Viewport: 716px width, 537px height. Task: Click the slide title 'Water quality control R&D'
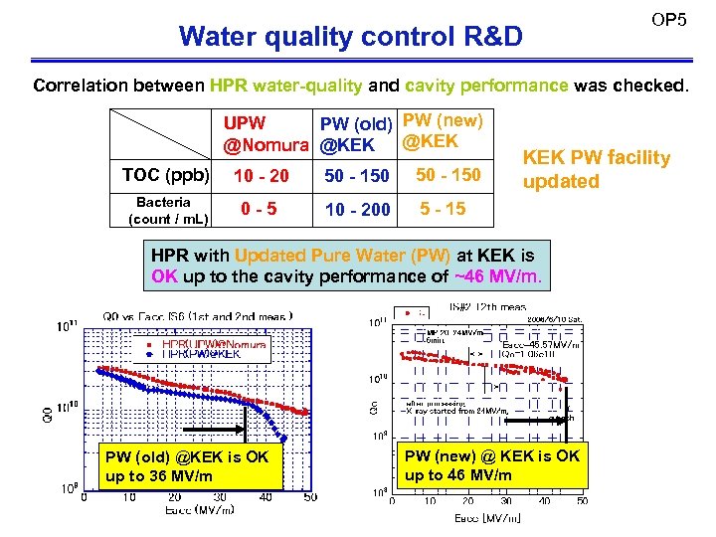click(x=350, y=37)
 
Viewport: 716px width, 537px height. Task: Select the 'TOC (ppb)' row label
click(x=165, y=175)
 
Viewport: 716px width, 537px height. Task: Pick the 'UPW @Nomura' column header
click(x=266, y=135)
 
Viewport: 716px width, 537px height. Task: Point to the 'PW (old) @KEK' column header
click(x=355, y=135)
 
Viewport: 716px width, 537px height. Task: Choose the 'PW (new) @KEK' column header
click(x=443, y=131)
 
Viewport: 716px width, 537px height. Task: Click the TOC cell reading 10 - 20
click(x=261, y=176)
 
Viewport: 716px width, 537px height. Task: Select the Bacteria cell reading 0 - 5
click(x=260, y=210)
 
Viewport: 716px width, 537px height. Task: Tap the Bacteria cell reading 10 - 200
click(x=355, y=210)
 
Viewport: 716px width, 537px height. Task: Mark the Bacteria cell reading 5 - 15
click(x=443, y=209)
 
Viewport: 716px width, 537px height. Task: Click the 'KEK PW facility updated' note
click(x=597, y=169)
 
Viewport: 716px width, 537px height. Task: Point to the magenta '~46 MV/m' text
click(x=498, y=276)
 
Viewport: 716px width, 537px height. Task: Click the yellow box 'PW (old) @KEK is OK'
click(x=186, y=466)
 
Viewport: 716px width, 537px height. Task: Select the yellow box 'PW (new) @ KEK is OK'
click(x=491, y=464)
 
